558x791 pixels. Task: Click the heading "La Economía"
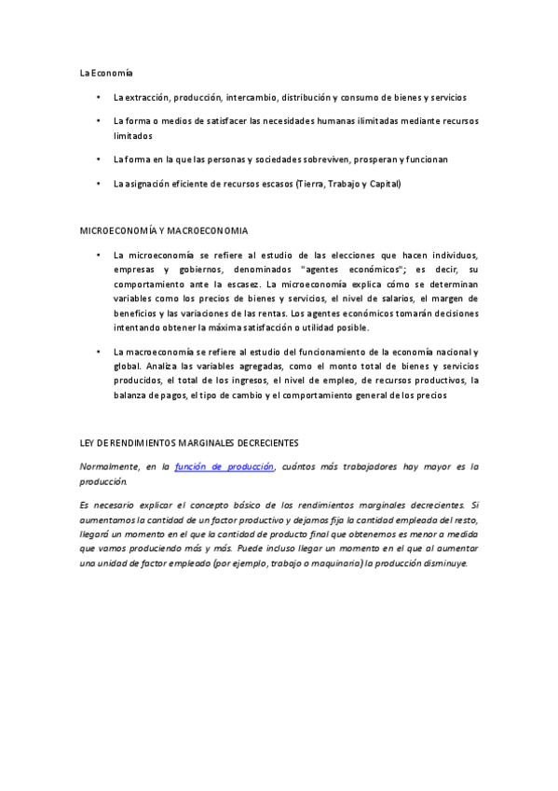tap(106, 72)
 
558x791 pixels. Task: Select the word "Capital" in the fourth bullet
tap(383, 184)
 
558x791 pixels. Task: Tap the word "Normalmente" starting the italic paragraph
tap(110, 465)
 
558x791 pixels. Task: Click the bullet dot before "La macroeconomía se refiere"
tap(98, 352)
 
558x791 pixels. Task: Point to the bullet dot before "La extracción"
tap(98, 97)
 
